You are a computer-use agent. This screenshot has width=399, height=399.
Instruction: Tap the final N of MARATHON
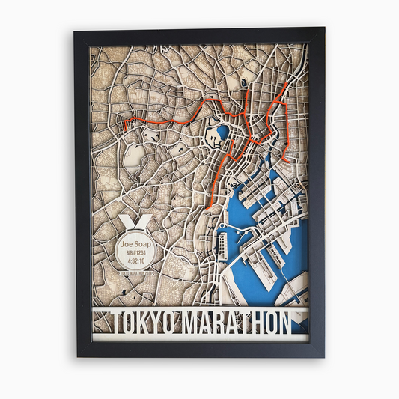[x=282, y=323]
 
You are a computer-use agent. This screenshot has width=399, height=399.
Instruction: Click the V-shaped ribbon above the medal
[x=135, y=222]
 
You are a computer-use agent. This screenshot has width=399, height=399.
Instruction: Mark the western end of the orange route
[x=124, y=127]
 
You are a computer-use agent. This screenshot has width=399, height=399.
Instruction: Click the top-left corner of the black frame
[x=76, y=30]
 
